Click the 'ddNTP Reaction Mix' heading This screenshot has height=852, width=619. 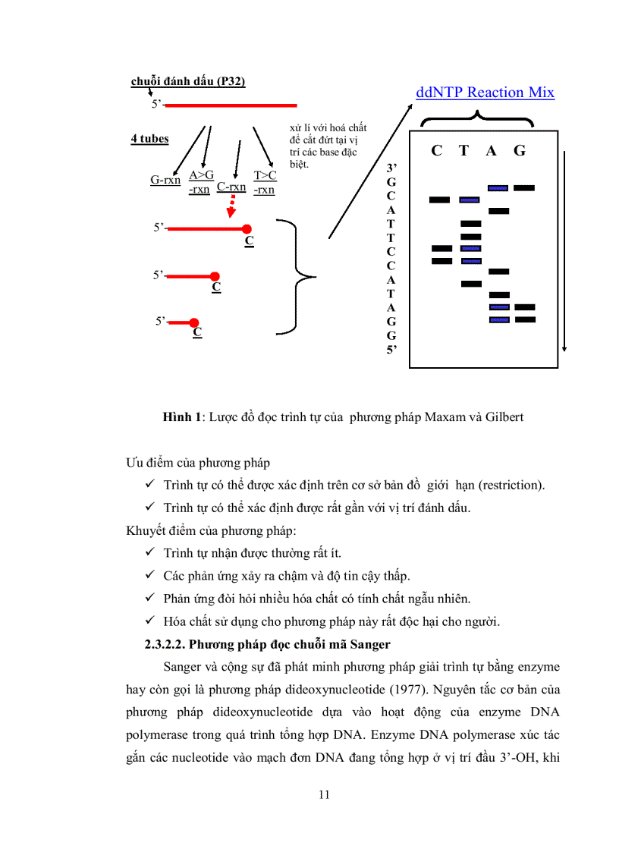(485, 93)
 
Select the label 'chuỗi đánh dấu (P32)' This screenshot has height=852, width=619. (187, 81)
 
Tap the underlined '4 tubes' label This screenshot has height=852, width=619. (149, 139)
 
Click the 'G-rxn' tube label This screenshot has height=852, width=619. (165, 181)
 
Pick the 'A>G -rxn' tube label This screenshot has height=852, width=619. (200, 182)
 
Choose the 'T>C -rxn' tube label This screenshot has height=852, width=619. (265, 182)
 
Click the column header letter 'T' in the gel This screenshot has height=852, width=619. (463, 151)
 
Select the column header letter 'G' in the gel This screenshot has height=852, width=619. (520, 151)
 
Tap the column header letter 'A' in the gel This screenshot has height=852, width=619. (492, 151)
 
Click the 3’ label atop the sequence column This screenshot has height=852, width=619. (391, 168)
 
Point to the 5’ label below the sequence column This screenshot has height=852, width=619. (391, 350)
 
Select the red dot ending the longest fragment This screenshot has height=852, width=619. (247, 228)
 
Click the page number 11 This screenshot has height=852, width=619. (324, 795)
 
